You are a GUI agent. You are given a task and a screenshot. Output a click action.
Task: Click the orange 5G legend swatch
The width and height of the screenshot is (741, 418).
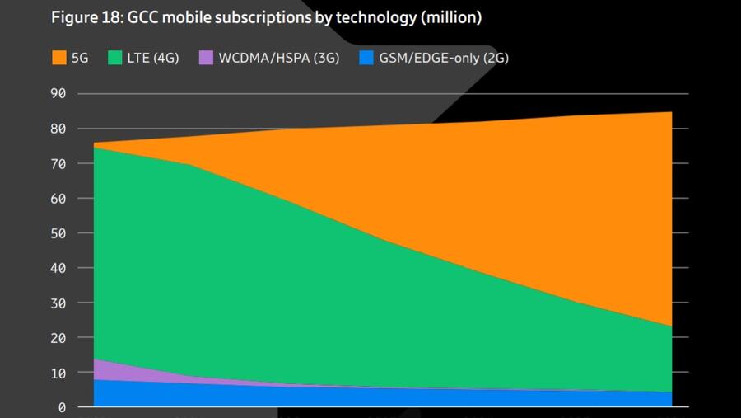coord(58,58)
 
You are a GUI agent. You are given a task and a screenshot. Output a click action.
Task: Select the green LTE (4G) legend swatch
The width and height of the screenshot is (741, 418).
coord(115,58)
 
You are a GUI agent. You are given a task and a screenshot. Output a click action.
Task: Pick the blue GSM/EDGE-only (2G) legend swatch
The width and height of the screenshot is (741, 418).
coord(366,58)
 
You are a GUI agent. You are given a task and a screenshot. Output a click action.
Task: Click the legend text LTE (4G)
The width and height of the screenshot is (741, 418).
coord(154,58)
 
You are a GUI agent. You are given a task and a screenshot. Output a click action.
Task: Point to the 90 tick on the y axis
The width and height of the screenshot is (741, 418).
coord(58,93)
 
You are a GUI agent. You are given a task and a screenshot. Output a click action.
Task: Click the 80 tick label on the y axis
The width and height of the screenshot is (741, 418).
coord(58,129)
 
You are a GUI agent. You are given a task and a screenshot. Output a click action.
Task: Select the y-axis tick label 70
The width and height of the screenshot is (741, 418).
coord(58,163)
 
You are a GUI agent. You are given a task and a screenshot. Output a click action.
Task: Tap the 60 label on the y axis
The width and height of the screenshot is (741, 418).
coord(58,198)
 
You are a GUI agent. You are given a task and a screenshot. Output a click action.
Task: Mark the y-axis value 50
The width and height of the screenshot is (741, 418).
coord(58,233)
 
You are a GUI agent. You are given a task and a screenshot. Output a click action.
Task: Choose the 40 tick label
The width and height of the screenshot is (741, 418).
coord(58,268)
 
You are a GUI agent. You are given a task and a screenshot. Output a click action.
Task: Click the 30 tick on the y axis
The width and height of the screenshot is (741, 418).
coord(58,303)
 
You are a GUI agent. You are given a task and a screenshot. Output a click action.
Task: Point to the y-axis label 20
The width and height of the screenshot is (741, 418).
coord(58,338)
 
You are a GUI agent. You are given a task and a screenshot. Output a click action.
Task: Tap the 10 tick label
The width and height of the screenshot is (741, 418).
coord(58,373)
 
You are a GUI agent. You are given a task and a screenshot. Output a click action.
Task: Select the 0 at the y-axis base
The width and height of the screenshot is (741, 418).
coord(61,407)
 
